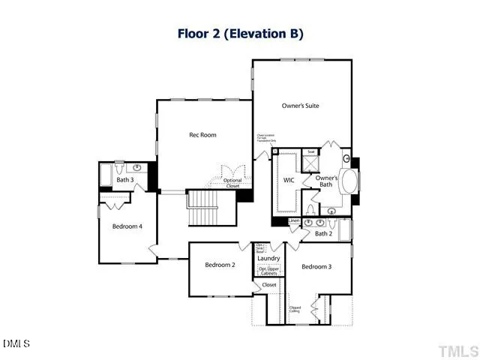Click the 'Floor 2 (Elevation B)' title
(240, 34)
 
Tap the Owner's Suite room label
(300, 106)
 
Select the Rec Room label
(202, 135)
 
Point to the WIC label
(288, 181)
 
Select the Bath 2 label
(323, 233)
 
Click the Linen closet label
(294, 220)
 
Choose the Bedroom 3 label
(316, 267)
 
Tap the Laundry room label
(268, 259)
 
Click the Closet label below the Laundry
(269, 285)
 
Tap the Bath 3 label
(124, 180)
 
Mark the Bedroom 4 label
(127, 226)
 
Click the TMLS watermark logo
(457, 349)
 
